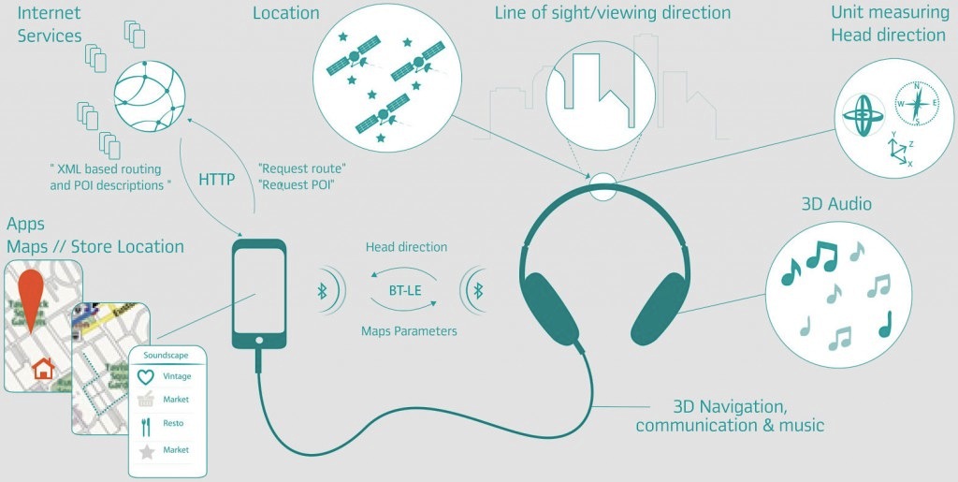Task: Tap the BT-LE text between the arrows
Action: [x=405, y=290]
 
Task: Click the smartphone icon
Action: [x=259, y=293]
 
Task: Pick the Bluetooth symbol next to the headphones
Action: [x=476, y=290]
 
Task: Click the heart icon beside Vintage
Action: [x=145, y=376]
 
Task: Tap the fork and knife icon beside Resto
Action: [x=145, y=425]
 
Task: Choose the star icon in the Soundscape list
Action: [x=145, y=451]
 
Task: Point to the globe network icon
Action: [x=149, y=95]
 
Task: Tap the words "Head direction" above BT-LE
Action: [x=406, y=247]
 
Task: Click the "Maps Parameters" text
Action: [x=409, y=330]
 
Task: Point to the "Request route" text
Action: [x=301, y=168]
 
